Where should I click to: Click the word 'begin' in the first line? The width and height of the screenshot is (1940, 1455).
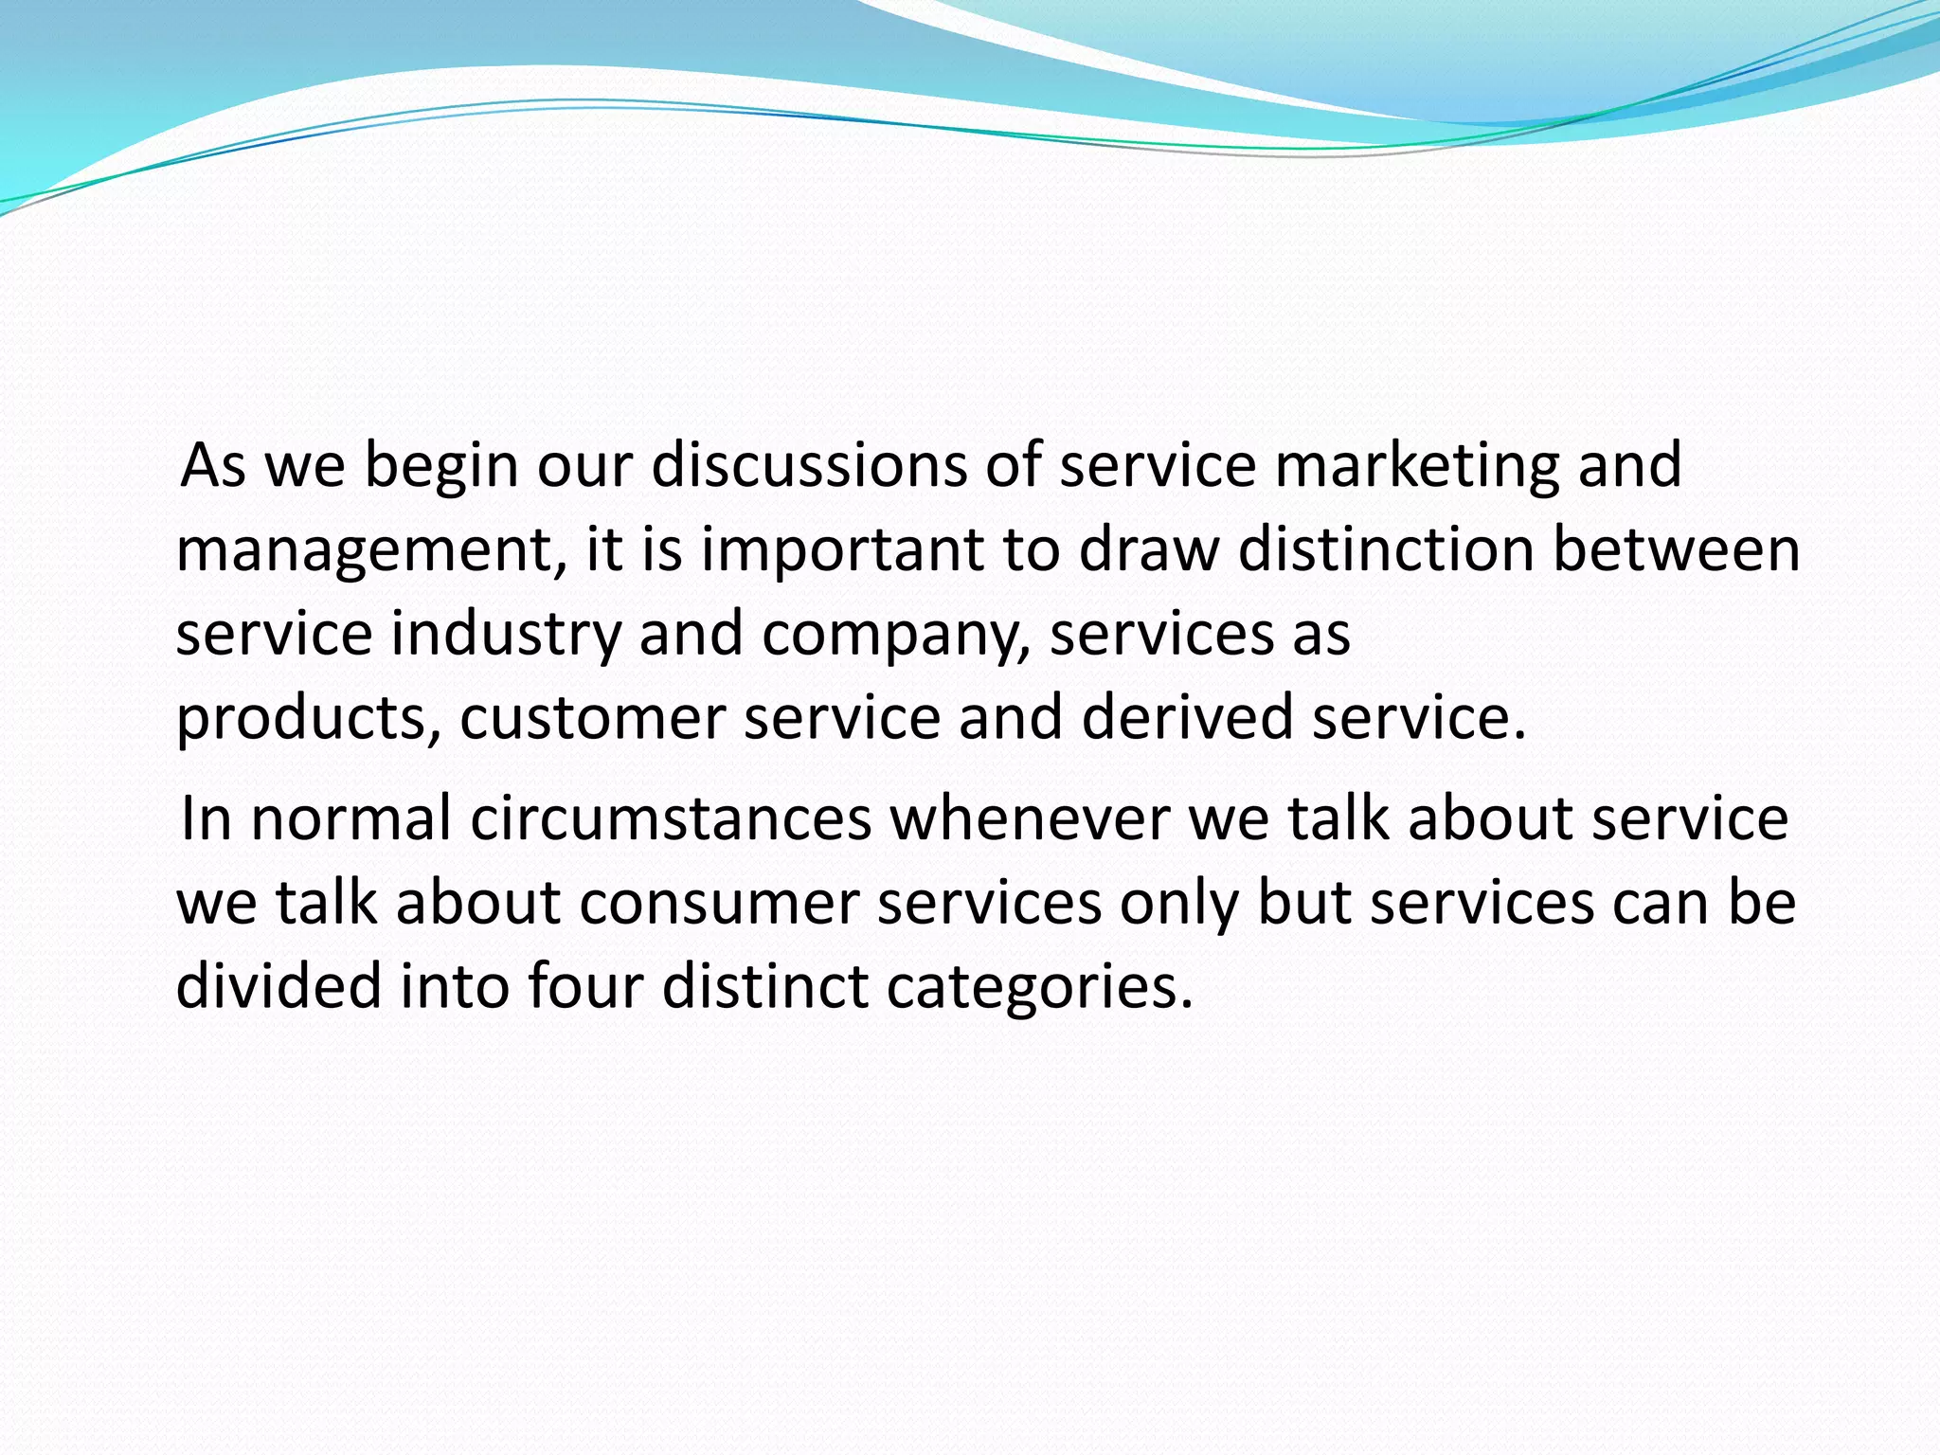tap(440, 466)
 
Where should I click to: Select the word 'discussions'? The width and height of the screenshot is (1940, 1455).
tap(808, 466)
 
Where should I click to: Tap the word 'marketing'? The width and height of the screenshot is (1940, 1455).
tap(1416, 466)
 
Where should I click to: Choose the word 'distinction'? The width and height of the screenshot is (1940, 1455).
tap(1386, 549)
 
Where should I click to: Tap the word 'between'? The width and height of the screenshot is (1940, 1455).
tap(1676, 549)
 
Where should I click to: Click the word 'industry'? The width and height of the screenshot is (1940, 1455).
tap(506, 634)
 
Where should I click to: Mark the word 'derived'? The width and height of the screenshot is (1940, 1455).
tap(1187, 717)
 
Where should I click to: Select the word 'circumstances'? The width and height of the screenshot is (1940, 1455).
tap(671, 818)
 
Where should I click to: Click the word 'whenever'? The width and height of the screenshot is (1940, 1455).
tap(1030, 818)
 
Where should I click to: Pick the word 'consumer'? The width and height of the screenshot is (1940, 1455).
tap(719, 903)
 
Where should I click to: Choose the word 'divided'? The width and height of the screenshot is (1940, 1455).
tap(278, 986)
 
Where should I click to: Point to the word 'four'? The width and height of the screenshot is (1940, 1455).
tap(585, 986)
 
